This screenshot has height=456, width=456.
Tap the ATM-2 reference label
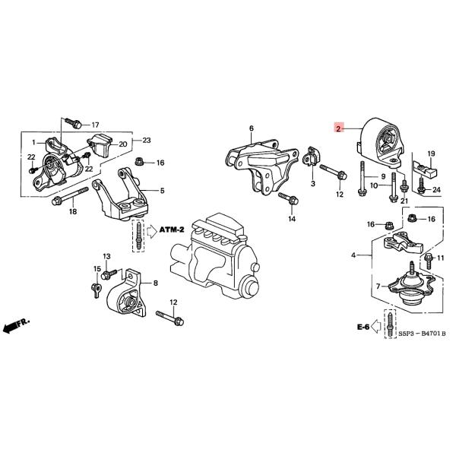coord(173,227)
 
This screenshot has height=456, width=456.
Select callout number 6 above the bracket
coord(251,128)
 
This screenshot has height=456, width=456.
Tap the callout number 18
coord(73,211)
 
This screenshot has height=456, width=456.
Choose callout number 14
coord(292,220)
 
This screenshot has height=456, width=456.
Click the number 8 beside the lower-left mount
coord(155,283)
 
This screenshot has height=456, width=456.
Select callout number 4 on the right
coord(353,255)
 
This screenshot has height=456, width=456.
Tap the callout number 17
coord(95,125)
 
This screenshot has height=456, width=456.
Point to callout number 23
coord(147,140)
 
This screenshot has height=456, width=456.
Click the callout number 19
coord(430,154)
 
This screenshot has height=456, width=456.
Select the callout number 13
coord(106,256)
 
